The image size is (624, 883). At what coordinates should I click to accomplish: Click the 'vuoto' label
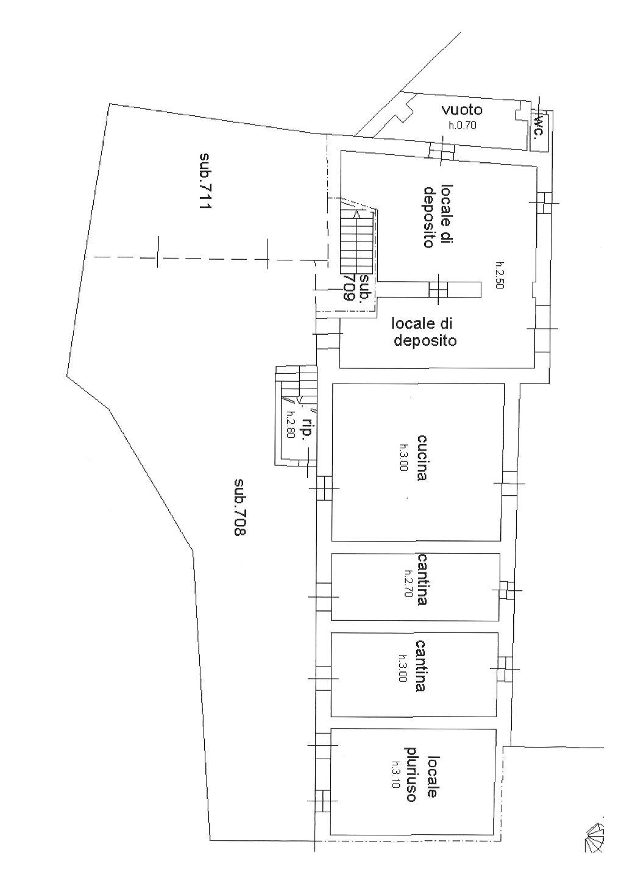tap(462, 110)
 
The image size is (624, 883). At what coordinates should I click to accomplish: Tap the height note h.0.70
tap(463, 126)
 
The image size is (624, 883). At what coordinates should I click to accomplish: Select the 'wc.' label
tap(539, 126)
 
